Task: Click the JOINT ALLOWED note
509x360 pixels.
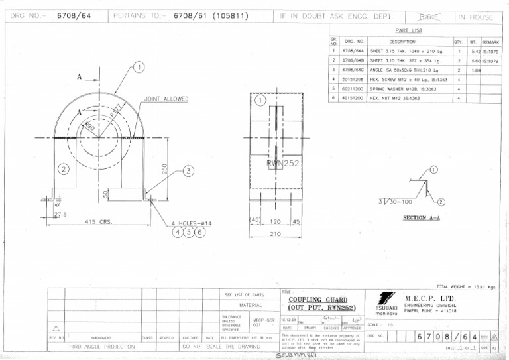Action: click(x=166, y=99)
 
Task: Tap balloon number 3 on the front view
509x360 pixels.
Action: click(x=189, y=170)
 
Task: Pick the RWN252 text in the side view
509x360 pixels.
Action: click(x=284, y=163)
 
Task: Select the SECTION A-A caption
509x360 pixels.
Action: click(x=422, y=217)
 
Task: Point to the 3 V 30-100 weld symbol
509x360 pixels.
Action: click(x=395, y=201)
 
